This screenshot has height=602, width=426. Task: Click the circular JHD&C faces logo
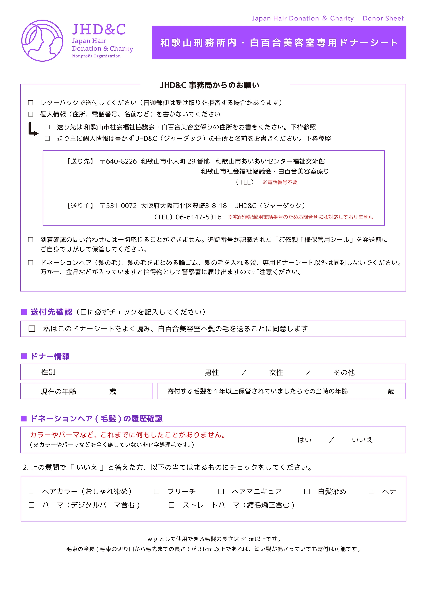(x=42, y=41)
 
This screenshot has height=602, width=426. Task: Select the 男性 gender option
(x=212, y=372)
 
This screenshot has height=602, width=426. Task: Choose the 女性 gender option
(x=276, y=372)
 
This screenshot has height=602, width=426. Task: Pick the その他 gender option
(x=344, y=372)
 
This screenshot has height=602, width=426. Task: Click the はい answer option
(x=305, y=440)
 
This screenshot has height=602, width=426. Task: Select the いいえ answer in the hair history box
(x=362, y=440)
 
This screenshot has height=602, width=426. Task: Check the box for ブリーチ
(x=157, y=491)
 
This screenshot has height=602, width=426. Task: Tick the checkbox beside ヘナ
(x=371, y=491)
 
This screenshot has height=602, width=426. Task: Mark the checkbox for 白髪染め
(x=307, y=491)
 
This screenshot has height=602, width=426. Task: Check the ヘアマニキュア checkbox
(x=221, y=491)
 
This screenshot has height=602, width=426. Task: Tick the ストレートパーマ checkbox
(x=172, y=505)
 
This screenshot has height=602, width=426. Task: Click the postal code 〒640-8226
(x=118, y=161)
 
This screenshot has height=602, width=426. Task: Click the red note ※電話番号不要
(x=280, y=182)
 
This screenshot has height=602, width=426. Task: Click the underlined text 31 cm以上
(x=253, y=539)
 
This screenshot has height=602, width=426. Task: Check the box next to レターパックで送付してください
(x=31, y=102)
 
